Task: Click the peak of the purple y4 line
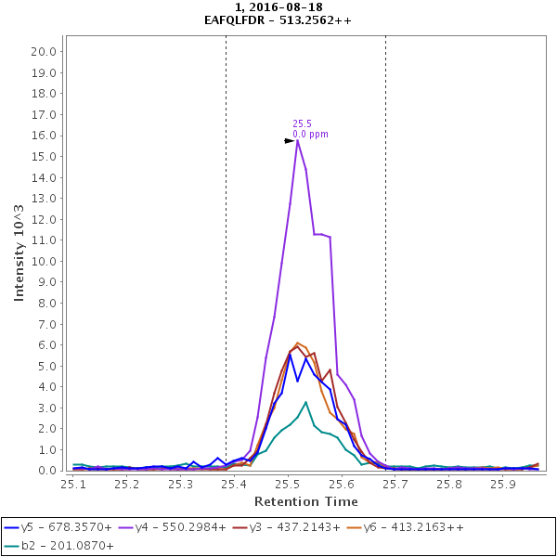coord(298,140)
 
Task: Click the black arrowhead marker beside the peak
coord(289,141)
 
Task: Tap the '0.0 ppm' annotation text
coord(310,135)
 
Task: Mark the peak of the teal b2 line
coord(306,402)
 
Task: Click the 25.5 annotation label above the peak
coord(302,123)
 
